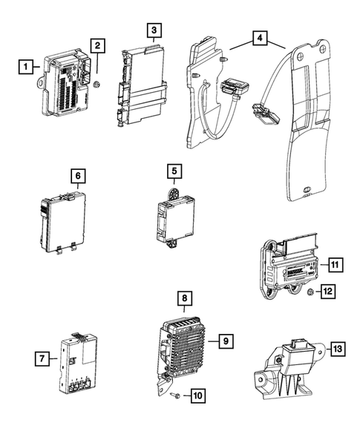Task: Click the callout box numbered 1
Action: point(26,67)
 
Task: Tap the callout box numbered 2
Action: point(97,45)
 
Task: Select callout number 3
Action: point(154,30)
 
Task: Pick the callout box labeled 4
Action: point(260,38)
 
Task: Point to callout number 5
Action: point(174,171)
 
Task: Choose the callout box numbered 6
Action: point(78,176)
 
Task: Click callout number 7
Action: point(42,358)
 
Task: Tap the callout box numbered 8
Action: point(185,298)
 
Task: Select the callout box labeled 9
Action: point(226,341)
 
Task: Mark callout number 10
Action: point(198,395)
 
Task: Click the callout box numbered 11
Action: point(336,264)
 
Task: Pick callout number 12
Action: point(327,292)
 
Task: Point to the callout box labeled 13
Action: point(338,349)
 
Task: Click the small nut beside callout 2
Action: point(97,84)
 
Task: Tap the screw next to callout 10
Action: point(174,395)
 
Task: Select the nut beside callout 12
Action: point(311,292)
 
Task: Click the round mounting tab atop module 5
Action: point(174,194)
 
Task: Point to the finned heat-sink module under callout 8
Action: point(184,348)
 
